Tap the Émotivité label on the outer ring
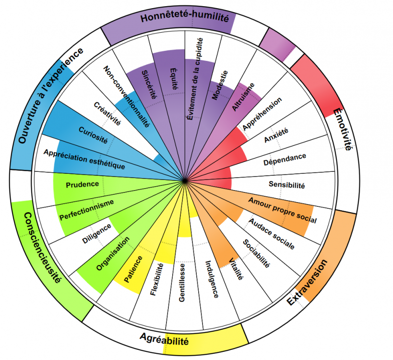pos(342,131)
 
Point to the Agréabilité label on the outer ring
pos(165,340)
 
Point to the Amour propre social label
pos(283,210)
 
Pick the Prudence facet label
pos(83,184)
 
